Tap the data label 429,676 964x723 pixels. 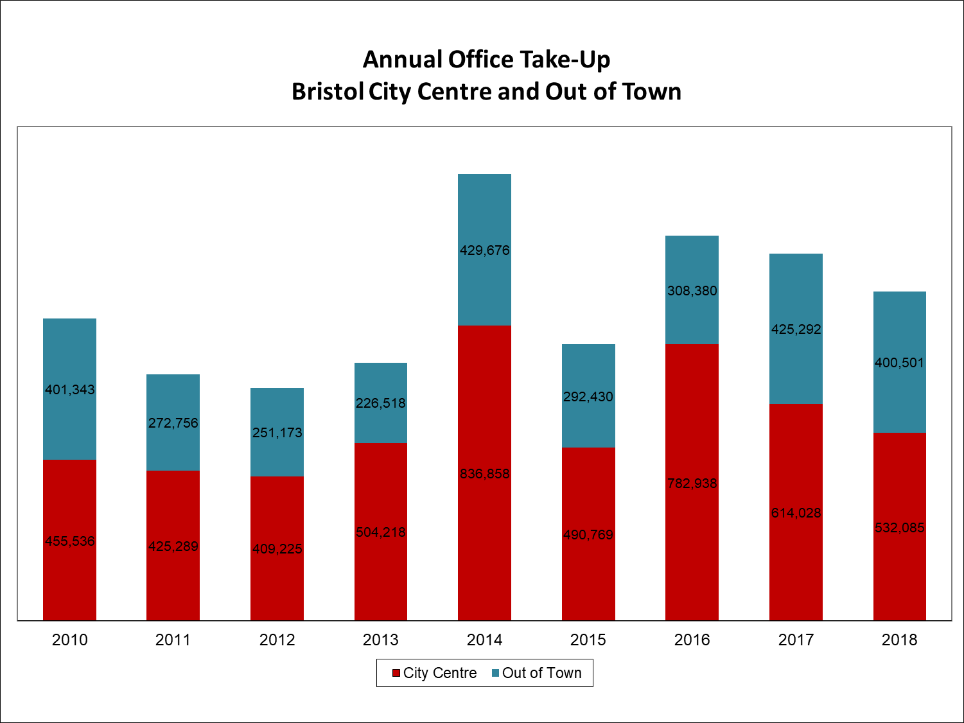(484, 250)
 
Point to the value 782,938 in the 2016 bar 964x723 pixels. (692, 483)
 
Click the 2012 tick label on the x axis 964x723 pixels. (277, 640)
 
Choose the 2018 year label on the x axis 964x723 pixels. (899, 640)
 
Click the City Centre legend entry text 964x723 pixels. (440, 673)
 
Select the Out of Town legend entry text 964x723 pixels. (541, 673)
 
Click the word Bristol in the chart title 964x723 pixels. (328, 91)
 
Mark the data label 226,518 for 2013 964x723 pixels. (381, 403)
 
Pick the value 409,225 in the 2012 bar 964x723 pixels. (277, 549)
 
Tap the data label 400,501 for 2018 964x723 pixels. (899, 363)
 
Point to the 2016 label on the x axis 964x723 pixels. (692, 640)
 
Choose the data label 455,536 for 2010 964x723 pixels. (69, 541)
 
